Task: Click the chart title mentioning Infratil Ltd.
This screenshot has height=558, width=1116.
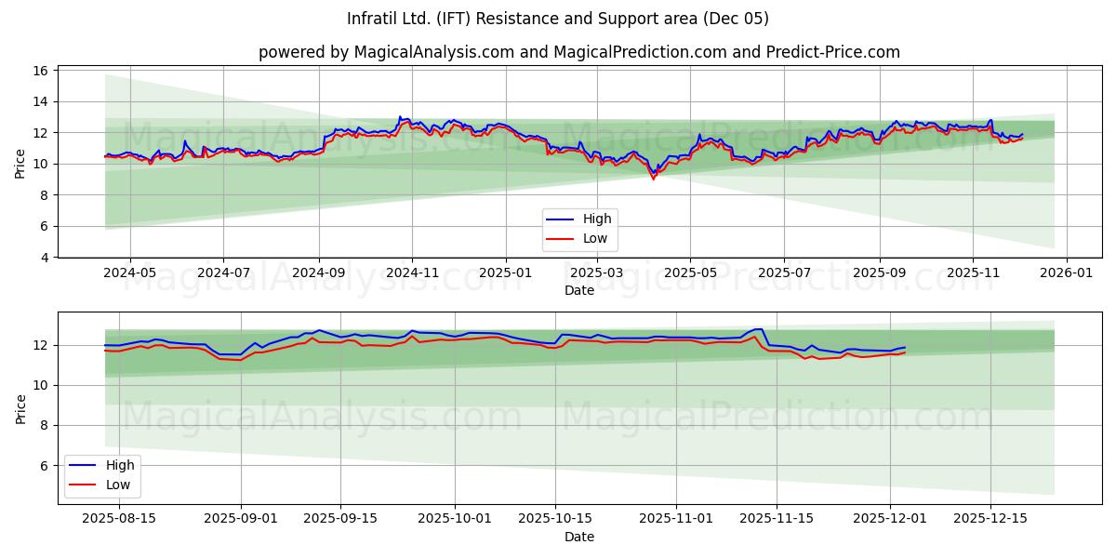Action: pyautogui.click(x=558, y=19)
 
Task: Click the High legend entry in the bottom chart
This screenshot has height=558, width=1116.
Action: pyautogui.click(x=119, y=466)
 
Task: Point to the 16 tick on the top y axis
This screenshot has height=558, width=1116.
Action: pyautogui.click(x=42, y=71)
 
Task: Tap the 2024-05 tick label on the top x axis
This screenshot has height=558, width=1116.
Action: pyautogui.click(x=129, y=273)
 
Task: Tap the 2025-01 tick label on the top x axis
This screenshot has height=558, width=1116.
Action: pyautogui.click(x=505, y=273)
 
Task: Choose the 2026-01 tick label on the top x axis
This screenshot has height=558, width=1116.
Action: pyautogui.click(x=1066, y=273)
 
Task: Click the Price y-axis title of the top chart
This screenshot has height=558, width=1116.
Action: pyautogui.click(x=20, y=164)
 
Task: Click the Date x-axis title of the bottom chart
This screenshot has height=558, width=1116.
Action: pyautogui.click(x=578, y=537)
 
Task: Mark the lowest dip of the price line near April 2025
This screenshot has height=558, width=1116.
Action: pyautogui.click(x=653, y=177)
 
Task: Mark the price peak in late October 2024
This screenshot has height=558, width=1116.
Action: pyautogui.click(x=400, y=117)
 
